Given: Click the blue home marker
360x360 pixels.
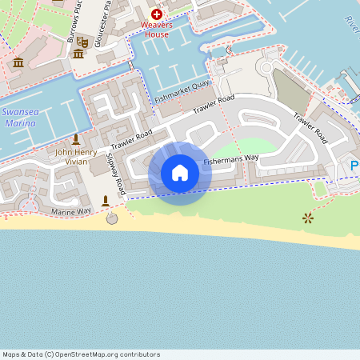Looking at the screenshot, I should [x=180, y=173].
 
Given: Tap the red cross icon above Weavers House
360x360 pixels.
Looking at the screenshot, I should [x=156, y=14].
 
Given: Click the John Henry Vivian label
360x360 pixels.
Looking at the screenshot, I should [x=77, y=156].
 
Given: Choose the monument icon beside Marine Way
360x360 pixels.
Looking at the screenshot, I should [x=105, y=200].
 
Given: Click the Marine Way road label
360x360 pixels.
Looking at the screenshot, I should [x=72, y=210].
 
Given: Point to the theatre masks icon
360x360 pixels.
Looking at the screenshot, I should [x=82, y=42].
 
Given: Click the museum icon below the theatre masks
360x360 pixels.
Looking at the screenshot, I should [x=78, y=54].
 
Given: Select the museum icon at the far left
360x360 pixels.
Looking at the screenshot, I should [x=18, y=62].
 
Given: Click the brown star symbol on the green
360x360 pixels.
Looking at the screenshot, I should [x=307, y=218].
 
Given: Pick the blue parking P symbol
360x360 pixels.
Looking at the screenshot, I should [x=354, y=166].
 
